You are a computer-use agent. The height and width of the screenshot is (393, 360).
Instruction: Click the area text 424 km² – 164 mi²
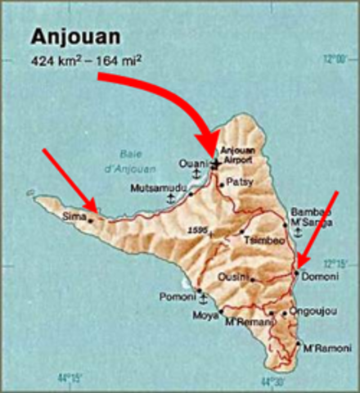pos(86,61)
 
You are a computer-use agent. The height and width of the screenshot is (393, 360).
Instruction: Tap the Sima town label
pos(74,217)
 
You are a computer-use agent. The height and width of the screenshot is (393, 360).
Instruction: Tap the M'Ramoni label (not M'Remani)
pos(320,350)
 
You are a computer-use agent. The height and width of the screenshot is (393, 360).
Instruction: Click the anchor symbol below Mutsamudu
pos(170,199)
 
